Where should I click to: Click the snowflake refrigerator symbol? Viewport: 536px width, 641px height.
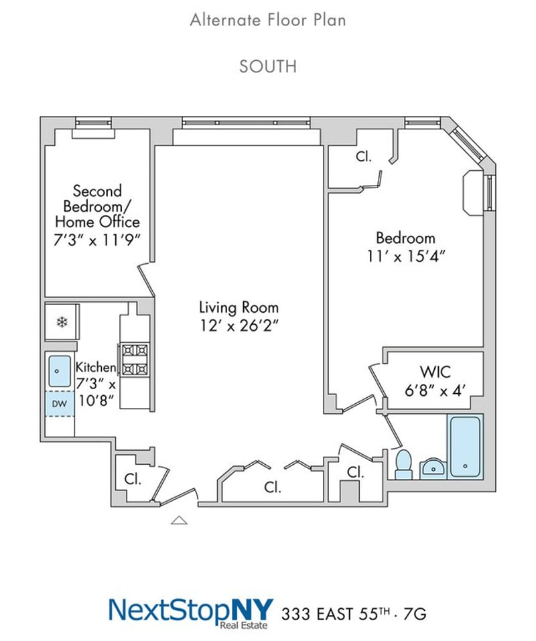pos(62,322)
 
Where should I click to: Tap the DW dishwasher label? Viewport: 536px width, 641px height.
pos(59,404)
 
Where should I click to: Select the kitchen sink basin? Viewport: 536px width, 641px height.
pos(60,371)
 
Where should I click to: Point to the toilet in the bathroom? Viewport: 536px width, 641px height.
pos(404,464)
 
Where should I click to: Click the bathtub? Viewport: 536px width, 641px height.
pos(465,446)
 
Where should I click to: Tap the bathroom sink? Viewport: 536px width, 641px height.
pos(433,468)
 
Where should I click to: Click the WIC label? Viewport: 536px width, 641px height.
pos(435,372)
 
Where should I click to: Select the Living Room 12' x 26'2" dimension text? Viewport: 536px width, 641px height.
pos(239,326)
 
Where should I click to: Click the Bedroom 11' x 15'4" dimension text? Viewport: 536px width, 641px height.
pos(405,257)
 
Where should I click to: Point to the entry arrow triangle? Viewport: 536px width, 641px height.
pos(179,520)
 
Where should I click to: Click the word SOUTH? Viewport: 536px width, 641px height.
pos(268,66)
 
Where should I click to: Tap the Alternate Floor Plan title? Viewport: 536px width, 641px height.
pos(268,20)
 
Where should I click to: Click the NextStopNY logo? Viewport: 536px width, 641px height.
pos(190,613)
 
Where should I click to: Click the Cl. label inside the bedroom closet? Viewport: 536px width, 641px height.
pos(363,156)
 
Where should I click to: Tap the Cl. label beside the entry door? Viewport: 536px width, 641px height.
pos(133,479)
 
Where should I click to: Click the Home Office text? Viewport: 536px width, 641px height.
pos(97,222)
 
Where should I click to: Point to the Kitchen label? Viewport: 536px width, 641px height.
pos(96,366)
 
